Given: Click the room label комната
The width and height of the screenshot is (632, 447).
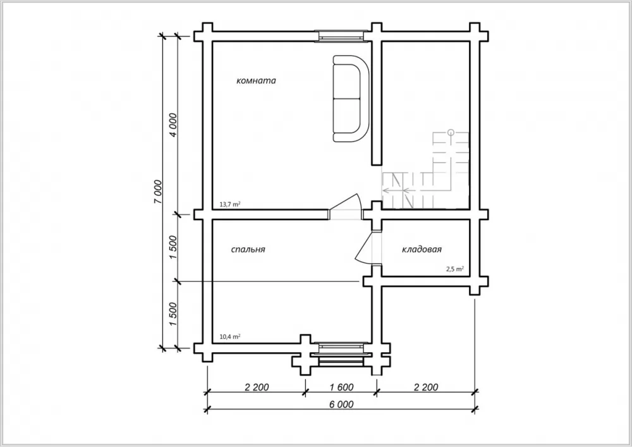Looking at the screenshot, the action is coord(256,81).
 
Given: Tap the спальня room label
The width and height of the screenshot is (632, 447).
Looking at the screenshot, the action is coord(248,249).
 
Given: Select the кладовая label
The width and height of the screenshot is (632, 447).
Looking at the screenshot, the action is coord(422,249).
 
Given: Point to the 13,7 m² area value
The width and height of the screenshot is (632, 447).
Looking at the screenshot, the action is coord(230,204).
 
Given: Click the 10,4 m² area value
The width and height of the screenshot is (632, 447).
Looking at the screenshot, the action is coord(230,336).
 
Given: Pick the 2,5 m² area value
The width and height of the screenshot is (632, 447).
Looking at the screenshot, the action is coord(454,269).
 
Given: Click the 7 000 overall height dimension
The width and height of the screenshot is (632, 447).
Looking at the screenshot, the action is coord(158,192).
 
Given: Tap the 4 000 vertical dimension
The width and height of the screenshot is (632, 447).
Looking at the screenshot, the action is coord(173,125).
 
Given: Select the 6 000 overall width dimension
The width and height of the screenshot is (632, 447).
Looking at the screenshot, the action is coord(341,404).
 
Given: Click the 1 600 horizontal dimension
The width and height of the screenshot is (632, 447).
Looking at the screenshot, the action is coord(341,388).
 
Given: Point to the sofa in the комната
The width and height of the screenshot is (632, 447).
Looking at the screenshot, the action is coord(350,99).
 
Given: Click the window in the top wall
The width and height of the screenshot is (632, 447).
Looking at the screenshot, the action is coord(343,36).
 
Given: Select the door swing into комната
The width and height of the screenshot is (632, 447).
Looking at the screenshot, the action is coord(345,207).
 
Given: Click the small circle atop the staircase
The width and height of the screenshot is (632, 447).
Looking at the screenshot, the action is coord(451,132).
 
